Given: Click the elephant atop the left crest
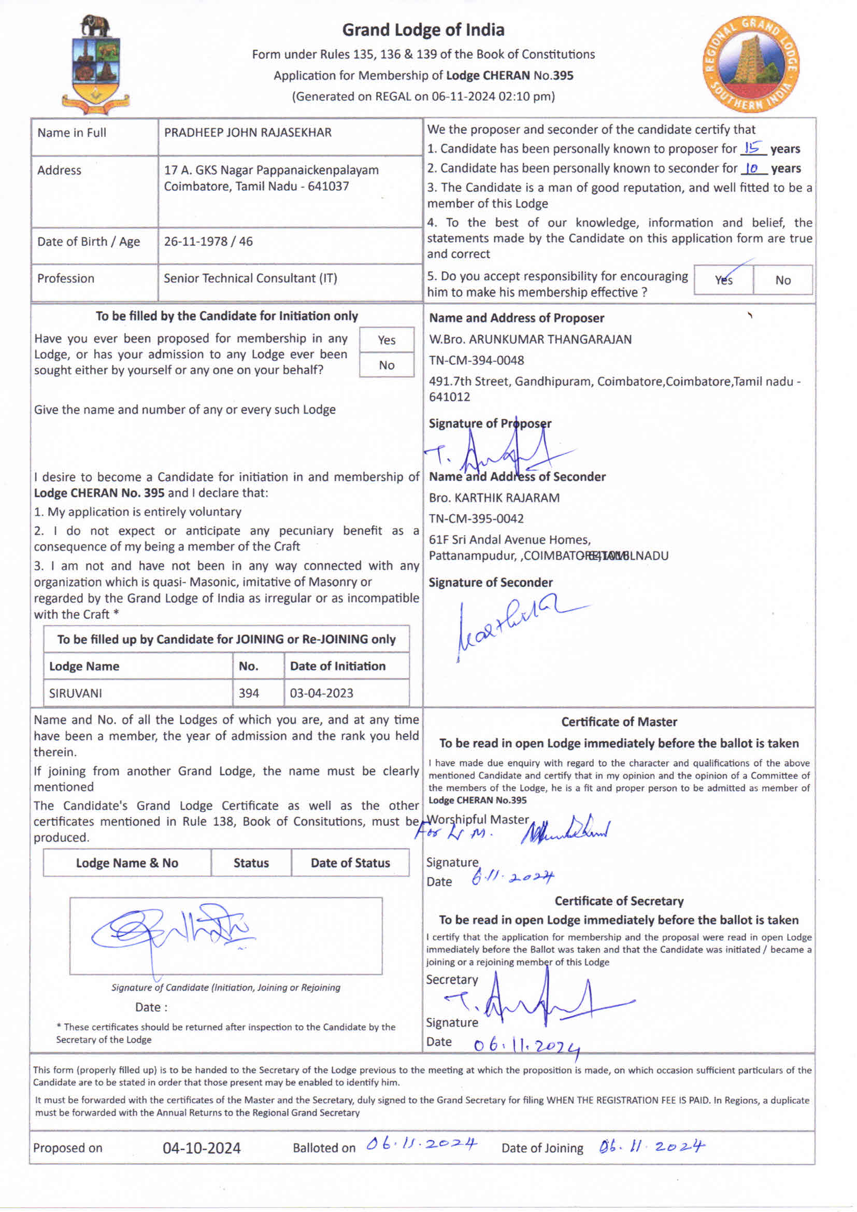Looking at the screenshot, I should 95,25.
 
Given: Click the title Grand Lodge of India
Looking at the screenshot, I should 423,30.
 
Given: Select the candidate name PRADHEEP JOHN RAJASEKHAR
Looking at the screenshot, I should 248,133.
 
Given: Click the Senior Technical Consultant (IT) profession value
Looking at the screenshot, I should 250,278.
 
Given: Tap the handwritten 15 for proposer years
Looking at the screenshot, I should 752,147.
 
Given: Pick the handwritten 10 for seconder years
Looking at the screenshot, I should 752,168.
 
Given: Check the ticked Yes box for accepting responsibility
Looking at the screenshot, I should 723,280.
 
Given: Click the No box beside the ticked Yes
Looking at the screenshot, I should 782,280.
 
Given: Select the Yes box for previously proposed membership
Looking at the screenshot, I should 387,340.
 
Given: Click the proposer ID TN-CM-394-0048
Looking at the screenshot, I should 476,360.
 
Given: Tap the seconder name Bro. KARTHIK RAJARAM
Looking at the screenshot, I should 494,498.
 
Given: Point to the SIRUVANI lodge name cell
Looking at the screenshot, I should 76,693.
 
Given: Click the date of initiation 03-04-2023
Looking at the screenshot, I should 321,693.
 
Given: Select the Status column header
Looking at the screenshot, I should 251,863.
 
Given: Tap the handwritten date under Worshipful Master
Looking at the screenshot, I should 512,878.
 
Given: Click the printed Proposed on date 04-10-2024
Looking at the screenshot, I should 202,1148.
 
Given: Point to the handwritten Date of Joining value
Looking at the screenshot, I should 652,1147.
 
